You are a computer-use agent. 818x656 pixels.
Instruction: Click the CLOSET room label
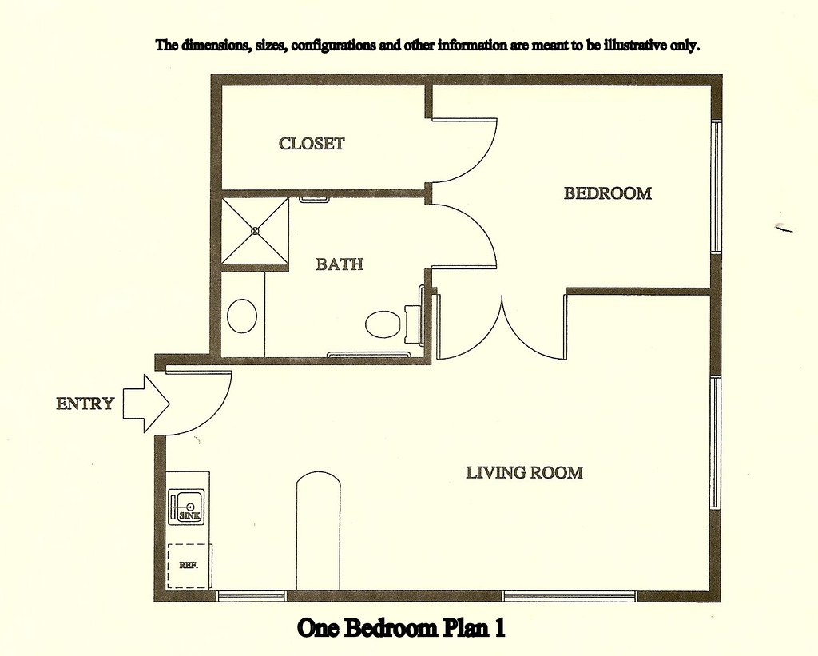tap(312, 144)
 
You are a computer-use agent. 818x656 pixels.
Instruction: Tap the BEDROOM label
tap(608, 193)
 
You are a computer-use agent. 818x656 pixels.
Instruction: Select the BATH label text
tap(340, 264)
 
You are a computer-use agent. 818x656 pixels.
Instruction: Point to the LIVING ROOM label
tap(524, 473)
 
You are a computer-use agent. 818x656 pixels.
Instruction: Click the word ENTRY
tap(85, 404)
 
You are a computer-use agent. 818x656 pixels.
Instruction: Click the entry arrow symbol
tap(146, 404)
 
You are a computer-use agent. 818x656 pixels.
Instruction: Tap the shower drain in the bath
tap(255, 230)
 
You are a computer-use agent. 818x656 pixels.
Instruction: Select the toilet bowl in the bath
tap(383, 324)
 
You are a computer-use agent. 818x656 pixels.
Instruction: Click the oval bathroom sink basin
tap(242, 315)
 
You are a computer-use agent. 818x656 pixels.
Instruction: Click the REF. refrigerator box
tap(189, 566)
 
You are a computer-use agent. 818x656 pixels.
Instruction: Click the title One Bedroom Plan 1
tap(401, 628)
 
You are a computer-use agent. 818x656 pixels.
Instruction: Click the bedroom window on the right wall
tap(716, 187)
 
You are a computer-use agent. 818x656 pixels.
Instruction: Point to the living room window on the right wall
tap(716, 442)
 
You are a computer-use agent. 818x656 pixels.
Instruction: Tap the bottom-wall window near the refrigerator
tap(252, 595)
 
